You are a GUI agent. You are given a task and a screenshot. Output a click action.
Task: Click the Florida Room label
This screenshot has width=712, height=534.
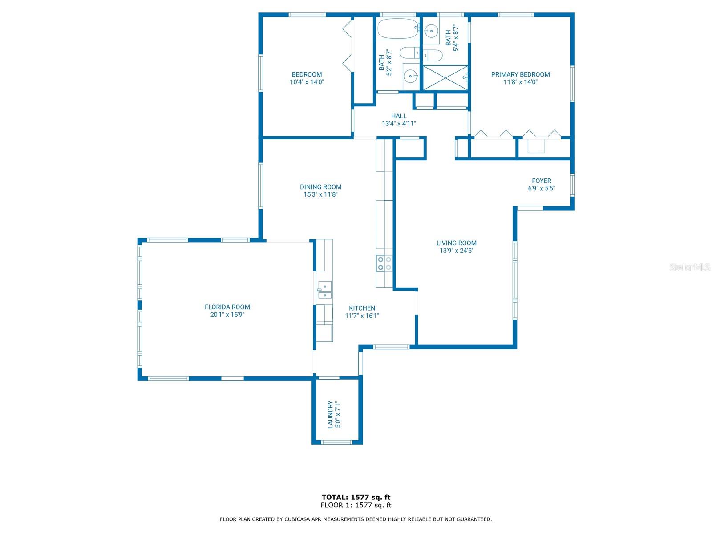tap(227, 307)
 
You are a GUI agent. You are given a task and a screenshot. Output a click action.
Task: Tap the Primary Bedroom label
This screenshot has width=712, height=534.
tap(520, 74)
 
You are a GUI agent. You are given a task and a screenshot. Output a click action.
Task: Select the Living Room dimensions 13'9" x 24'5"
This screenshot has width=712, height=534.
tap(456, 250)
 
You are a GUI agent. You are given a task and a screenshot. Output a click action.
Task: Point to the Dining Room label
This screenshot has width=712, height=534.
tap(320, 187)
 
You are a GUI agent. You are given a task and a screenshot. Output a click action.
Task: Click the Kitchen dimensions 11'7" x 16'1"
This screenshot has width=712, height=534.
tap(362, 316)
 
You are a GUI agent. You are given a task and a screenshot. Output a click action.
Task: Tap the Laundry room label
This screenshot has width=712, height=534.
tap(330, 414)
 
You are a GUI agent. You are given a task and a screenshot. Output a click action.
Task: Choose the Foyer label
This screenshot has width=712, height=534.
tap(541, 181)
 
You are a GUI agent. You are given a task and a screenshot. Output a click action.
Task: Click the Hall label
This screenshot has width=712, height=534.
tap(398, 116)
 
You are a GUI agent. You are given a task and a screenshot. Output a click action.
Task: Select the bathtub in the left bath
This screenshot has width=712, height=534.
tap(398, 28)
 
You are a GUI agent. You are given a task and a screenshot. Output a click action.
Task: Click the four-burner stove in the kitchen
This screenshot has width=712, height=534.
tap(384, 263)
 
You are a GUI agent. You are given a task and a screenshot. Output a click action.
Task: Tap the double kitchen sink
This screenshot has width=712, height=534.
tap(324, 290)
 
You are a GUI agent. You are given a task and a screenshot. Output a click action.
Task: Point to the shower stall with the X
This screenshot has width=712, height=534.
tap(445, 78)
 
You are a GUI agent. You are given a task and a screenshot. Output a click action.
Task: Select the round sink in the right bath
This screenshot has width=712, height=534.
tap(431, 31)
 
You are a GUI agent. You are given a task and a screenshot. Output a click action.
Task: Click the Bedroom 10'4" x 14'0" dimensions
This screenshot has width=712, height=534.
tap(307, 82)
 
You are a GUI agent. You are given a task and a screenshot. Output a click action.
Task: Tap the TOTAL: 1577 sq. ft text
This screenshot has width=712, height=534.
tap(356, 497)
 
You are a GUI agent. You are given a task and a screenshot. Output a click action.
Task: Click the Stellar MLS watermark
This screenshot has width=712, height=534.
tap(690, 267)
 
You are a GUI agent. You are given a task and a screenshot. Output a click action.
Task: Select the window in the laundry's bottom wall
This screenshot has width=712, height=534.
tap(336, 442)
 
